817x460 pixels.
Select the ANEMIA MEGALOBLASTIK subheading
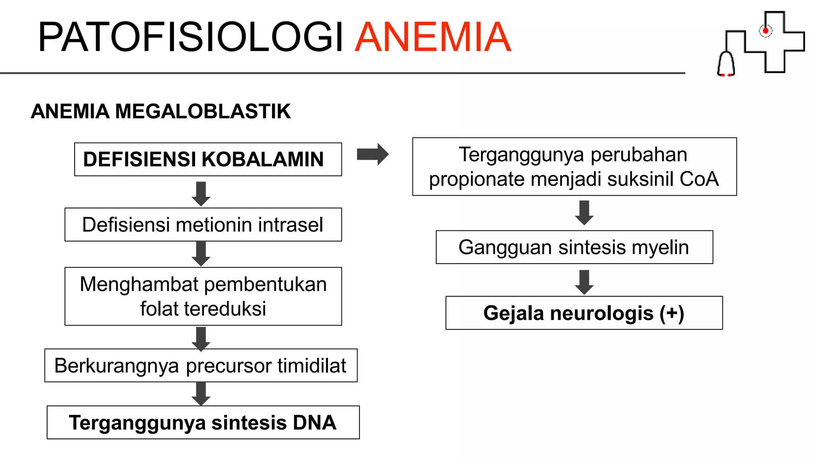coord(161,111)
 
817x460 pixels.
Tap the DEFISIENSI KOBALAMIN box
coord(208,159)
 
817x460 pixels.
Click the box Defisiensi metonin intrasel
coord(203,224)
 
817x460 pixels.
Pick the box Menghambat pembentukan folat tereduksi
coord(203,296)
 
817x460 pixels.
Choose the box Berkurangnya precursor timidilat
coord(201,365)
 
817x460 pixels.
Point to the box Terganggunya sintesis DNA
coord(203,422)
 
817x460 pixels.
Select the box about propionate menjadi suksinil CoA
coord(574,167)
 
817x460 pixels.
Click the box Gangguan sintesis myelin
coord(574,247)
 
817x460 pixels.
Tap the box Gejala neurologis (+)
coord(584,313)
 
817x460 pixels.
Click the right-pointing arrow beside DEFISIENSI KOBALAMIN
coord(373,154)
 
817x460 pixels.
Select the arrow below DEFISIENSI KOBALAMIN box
coord(201,193)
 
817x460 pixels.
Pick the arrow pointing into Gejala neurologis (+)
coord(584,282)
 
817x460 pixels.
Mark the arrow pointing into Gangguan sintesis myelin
coord(584,212)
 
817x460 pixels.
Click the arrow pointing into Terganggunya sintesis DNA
coord(201,393)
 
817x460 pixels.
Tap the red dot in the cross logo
coord(766,31)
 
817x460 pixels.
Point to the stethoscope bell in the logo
coord(726,64)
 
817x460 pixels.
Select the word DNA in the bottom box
coord(315,422)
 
